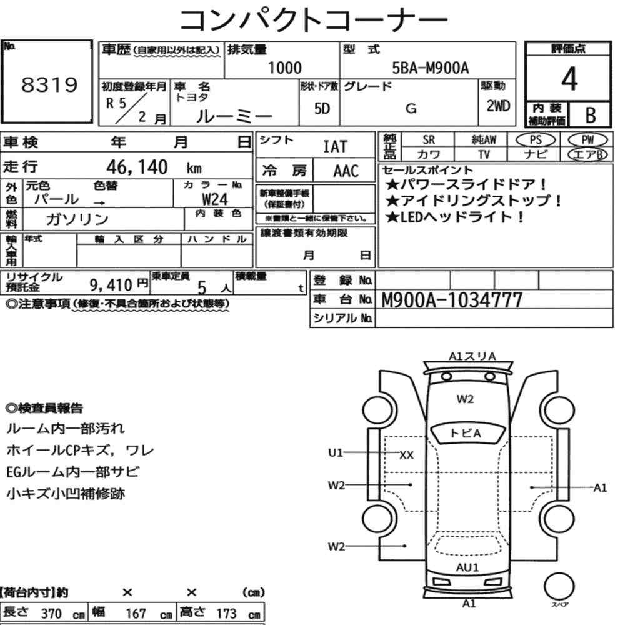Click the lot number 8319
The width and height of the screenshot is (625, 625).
coord(49,84)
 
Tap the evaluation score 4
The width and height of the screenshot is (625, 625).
coord(569,79)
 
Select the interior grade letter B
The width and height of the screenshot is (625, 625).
coord(591,115)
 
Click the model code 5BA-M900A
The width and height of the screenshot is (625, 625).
coord(431,67)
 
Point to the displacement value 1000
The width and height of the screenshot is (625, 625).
coord(284,67)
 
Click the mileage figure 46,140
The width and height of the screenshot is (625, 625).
coord(137,167)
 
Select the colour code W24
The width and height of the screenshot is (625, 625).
coord(215,199)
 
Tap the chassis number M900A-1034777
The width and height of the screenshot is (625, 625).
coord(452,300)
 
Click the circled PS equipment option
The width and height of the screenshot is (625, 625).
coord(536,140)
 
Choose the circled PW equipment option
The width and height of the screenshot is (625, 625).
coord(587,140)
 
